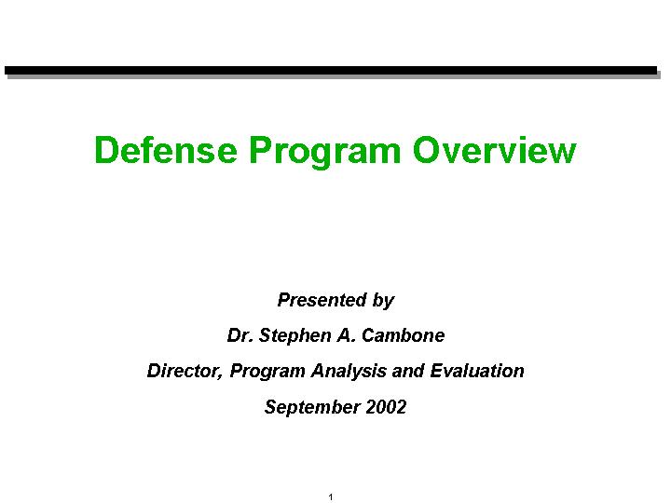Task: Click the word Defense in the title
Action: [166, 150]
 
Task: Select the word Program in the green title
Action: [325, 152]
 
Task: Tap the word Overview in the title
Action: [495, 150]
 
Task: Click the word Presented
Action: [322, 299]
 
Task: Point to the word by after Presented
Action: [383, 301]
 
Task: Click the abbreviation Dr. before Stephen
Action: [240, 335]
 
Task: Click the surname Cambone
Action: [404, 335]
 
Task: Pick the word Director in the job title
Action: [185, 372]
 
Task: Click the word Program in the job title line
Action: [267, 372]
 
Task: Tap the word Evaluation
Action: [477, 371]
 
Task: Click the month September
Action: [312, 408]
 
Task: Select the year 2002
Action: [386, 407]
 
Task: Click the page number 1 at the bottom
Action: [330, 497]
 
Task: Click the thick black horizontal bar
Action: [331, 71]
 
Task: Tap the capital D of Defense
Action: [107, 150]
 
